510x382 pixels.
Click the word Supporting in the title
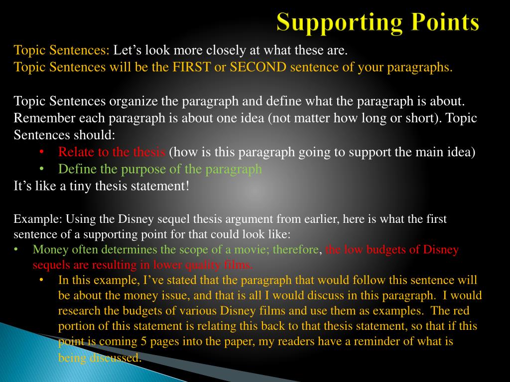coord(337,23)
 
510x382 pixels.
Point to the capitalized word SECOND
coord(257,67)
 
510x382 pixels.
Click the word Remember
coord(38,118)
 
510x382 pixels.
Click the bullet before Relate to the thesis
coord(41,152)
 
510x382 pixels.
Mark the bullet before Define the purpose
coord(41,169)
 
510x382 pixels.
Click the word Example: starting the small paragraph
coord(30,219)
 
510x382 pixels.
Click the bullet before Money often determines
coord(16,249)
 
